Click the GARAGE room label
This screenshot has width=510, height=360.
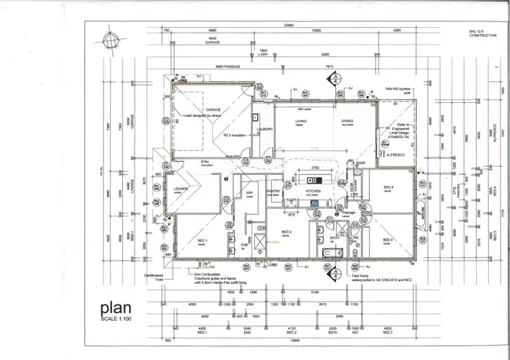pos(213,109)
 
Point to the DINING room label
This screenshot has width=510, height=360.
pos(347,121)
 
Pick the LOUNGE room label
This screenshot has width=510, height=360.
pos(180,190)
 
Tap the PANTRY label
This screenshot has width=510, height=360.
pos(273,192)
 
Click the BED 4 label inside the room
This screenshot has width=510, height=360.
pos(388,187)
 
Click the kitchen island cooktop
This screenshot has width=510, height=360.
pos(313,180)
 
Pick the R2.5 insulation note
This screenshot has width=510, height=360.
pos(233,135)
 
